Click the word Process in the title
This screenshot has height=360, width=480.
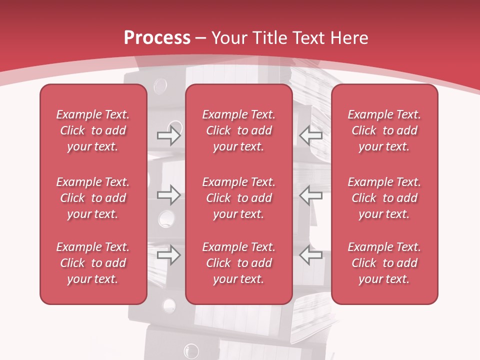(157, 38)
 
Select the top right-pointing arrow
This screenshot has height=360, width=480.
(168, 135)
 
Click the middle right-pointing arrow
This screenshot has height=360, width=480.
(168, 195)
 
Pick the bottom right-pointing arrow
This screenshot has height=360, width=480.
(168, 255)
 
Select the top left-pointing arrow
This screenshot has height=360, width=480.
(310, 135)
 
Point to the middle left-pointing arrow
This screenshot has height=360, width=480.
(310, 195)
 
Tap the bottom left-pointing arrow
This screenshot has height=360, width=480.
(310, 255)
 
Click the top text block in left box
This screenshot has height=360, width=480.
(93, 130)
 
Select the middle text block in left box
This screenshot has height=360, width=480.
(93, 198)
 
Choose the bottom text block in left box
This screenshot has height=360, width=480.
(93, 263)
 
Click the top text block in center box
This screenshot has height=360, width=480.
(238, 130)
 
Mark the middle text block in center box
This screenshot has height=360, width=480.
(238, 198)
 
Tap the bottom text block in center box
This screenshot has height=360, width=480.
(238, 263)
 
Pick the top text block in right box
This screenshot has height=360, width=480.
(384, 130)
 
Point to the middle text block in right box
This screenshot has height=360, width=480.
(384, 198)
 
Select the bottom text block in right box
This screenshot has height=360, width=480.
(384, 263)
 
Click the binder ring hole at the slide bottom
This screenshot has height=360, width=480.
(190, 350)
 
